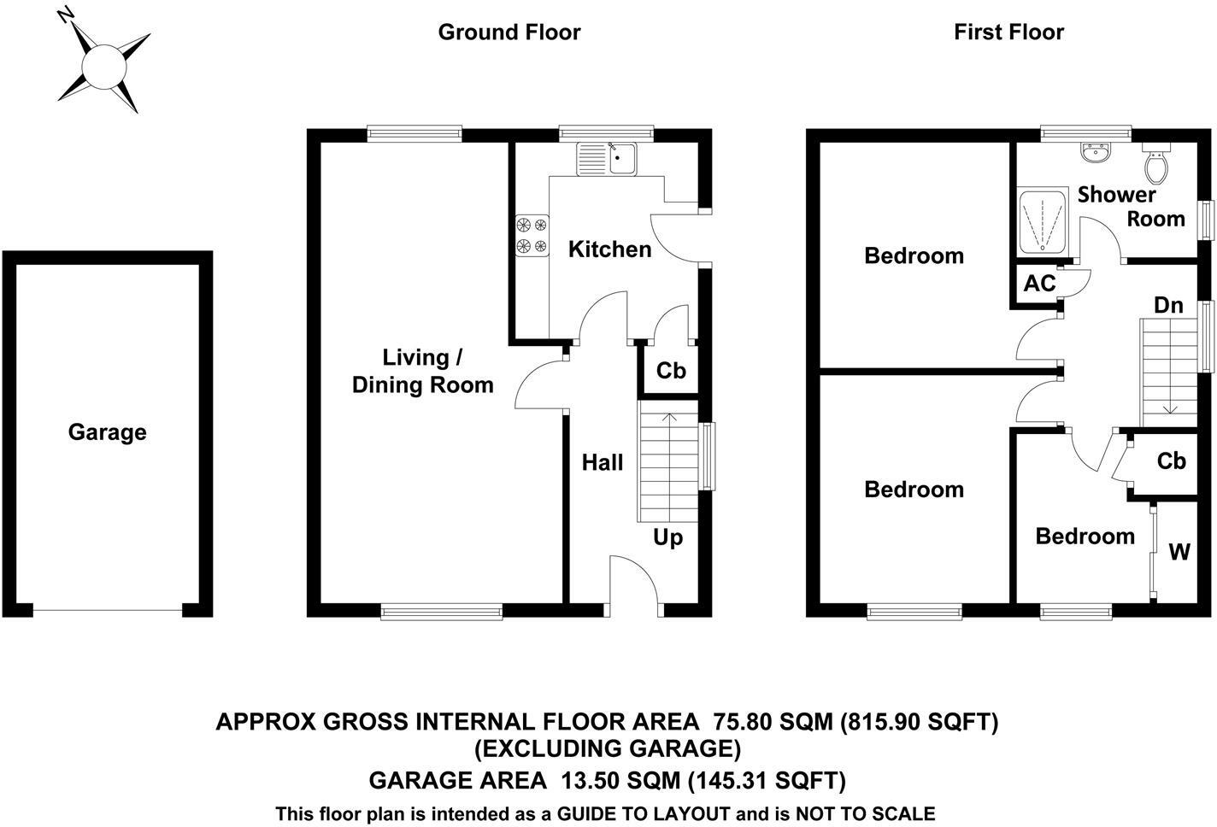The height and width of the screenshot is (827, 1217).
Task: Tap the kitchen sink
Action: tap(607, 159)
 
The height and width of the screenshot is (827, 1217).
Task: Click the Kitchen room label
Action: tap(609, 249)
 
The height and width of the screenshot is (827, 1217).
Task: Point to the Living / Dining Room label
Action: tap(423, 371)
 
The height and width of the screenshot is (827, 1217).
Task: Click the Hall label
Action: tap(603, 463)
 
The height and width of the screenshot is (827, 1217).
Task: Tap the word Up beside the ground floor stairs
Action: tap(667, 537)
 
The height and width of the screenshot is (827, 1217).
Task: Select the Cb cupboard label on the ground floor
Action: tap(671, 371)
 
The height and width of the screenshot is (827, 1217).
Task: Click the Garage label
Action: tap(107, 432)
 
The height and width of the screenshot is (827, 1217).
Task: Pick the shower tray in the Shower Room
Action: tap(1042, 222)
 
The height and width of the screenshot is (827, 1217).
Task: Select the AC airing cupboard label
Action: tap(1039, 284)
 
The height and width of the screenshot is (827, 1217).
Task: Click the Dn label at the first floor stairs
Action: tap(1168, 305)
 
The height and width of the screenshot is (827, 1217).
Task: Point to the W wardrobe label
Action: tap(1179, 553)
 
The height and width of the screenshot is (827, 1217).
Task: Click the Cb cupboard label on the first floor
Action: tap(1171, 461)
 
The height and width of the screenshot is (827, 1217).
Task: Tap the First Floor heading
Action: tap(1008, 32)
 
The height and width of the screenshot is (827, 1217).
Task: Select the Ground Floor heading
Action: tap(509, 32)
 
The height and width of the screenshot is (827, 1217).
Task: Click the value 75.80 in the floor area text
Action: tap(743, 722)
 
